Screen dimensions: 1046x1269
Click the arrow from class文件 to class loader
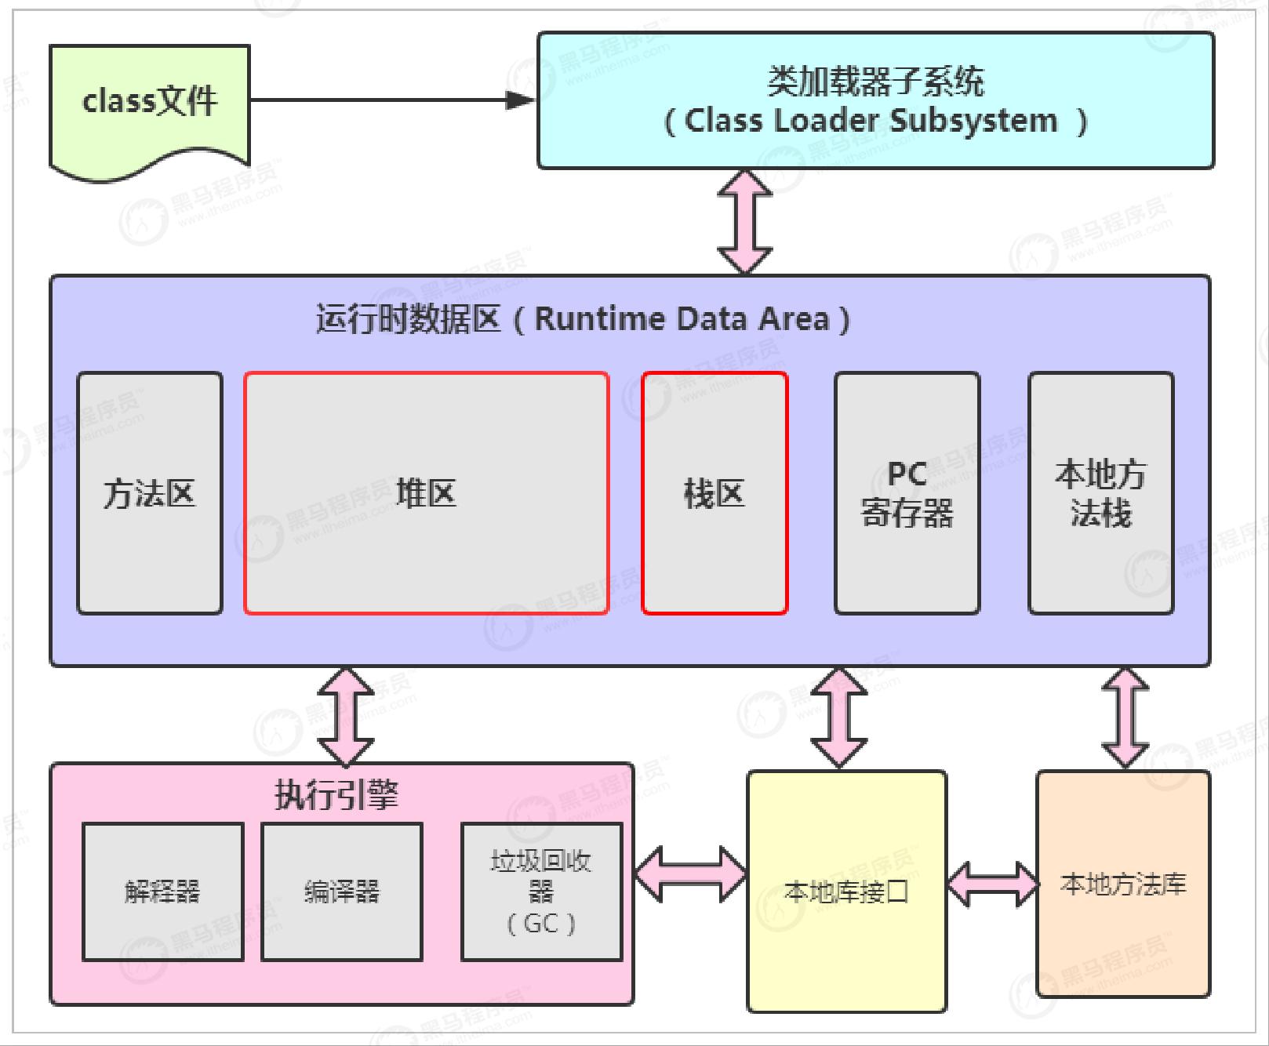tap(392, 100)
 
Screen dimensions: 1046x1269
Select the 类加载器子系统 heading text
tap(874, 81)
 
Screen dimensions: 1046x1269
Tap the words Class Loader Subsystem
tap(871, 122)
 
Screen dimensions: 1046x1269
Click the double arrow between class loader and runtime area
tap(744, 222)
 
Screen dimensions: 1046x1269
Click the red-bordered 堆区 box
tap(426, 492)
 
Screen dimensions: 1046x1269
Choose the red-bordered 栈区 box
tap(714, 492)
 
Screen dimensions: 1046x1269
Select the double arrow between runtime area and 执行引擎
tap(345, 716)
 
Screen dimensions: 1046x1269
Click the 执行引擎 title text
tap(337, 794)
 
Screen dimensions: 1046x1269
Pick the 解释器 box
tap(162, 892)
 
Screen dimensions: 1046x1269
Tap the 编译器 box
tap(341, 892)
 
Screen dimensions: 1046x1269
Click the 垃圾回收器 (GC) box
tap(541, 892)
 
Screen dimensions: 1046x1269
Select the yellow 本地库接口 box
tap(846, 892)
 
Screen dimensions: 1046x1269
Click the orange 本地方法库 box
tap(1123, 884)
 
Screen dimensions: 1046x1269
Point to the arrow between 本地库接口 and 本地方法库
tap(992, 884)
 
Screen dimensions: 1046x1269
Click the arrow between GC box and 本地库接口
tap(689, 873)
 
